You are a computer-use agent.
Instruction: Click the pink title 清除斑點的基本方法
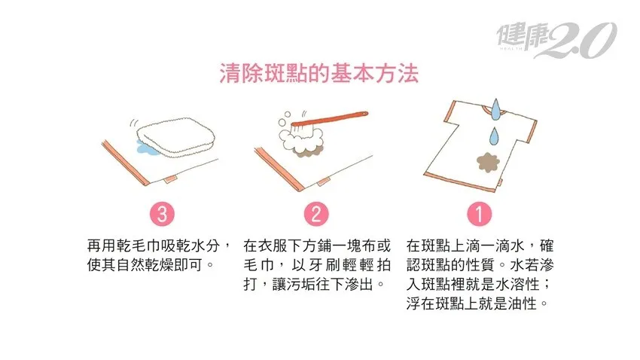[x=319, y=74]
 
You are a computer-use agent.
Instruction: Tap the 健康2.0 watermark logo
[x=556, y=40]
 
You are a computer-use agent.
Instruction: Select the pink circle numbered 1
[x=479, y=214]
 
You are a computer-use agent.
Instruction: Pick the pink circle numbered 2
[x=316, y=214]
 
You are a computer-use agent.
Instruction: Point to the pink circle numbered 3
[x=162, y=214]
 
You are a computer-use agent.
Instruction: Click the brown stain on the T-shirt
[x=488, y=162]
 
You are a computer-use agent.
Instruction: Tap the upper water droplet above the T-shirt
[x=495, y=109]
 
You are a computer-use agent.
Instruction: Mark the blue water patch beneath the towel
[x=146, y=148]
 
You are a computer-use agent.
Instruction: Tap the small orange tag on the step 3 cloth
[x=170, y=178]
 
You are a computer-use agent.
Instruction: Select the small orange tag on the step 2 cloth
[x=323, y=182]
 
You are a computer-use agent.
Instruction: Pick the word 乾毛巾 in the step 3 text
[x=138, y=246]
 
